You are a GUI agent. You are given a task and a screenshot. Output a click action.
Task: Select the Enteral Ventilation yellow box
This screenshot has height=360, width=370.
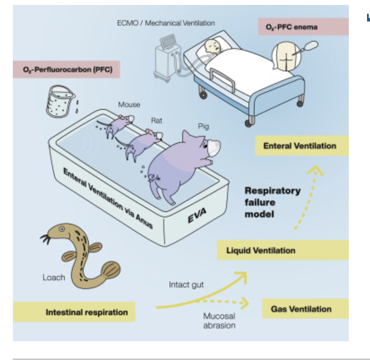(x=299, y=146)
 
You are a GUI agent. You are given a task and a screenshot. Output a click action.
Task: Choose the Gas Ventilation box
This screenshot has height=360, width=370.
(x=301, y=309)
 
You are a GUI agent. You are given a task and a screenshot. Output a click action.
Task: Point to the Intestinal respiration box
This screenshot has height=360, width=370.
(x=87, y=312)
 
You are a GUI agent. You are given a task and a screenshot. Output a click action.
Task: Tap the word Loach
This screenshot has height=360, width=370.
(x=53, y=277)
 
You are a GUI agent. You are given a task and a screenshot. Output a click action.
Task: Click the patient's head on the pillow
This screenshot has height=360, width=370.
(x=213, y=46)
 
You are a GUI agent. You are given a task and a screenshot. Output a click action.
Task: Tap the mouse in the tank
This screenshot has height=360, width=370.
(x=122, y=123)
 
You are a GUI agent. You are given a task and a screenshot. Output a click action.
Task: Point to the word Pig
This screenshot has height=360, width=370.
(x=203, y=126)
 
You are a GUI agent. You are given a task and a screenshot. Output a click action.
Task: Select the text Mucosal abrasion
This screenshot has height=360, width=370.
(x=219, y=320)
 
